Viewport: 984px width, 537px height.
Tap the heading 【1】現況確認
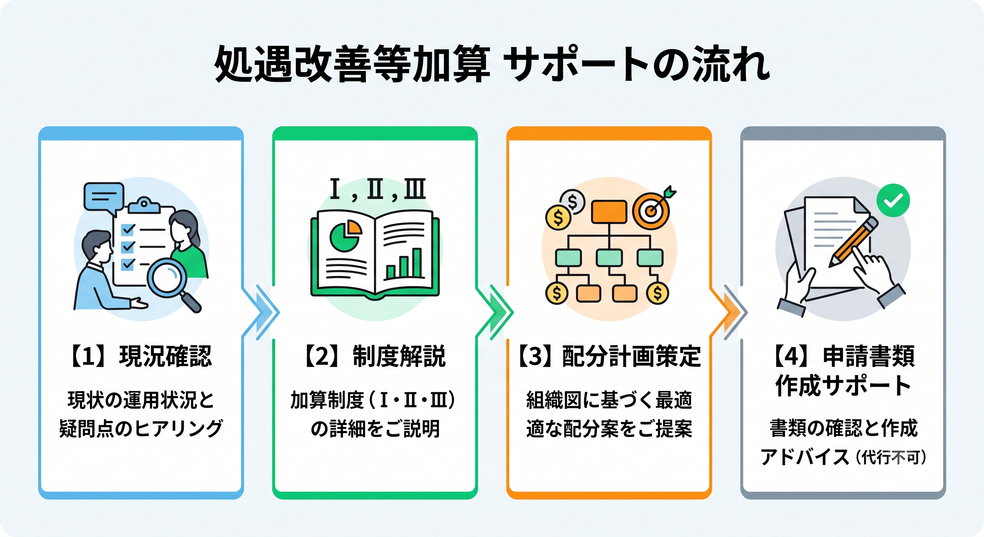141,356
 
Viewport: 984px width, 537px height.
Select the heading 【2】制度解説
375,356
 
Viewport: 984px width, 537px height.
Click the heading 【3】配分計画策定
609,356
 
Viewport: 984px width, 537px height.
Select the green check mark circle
893,200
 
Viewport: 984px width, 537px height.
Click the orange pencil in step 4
854,242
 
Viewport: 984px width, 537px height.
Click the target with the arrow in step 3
653,209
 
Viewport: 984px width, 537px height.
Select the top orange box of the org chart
609,212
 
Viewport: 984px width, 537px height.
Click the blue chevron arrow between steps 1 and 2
263,312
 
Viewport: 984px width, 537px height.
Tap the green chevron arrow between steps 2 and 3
497,312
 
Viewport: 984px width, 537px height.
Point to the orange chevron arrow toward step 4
730,312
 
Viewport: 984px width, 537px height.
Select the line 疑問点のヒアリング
141,429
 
